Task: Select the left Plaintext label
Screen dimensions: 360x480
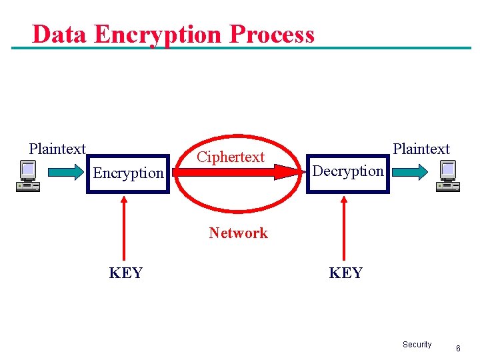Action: [x=57, y=149]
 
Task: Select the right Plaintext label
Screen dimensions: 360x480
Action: [x=421, y=149]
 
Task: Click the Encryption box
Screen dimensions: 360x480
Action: [x=129, y=173]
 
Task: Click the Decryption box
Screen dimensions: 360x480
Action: [x=347, y=171]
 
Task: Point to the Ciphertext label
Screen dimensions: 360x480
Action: [x=231, y=157]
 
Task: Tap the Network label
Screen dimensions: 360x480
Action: [x=238, y=233]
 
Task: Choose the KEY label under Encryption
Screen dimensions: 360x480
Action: [x=126, y=273]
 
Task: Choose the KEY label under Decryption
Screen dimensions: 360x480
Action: [x=346, y=273]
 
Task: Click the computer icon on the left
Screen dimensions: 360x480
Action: [x=28, y=175]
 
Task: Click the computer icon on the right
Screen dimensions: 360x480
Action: [x=447, y=175]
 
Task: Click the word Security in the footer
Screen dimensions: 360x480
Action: [x=417, y=345]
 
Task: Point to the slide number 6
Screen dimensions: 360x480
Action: [x=458, y=348]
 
